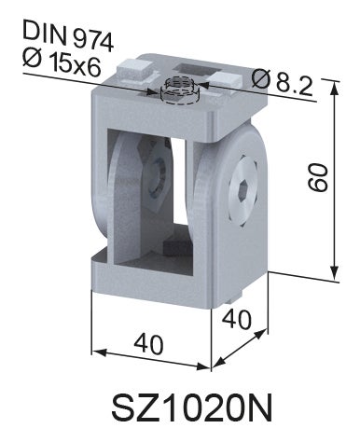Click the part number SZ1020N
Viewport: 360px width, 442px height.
192,407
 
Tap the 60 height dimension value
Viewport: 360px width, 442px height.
318,177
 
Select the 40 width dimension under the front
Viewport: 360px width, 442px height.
148,343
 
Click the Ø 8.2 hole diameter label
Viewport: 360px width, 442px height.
283,82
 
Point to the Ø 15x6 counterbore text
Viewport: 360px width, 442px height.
62,62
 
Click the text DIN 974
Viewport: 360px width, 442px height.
68,35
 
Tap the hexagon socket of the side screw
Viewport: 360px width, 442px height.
243,189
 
